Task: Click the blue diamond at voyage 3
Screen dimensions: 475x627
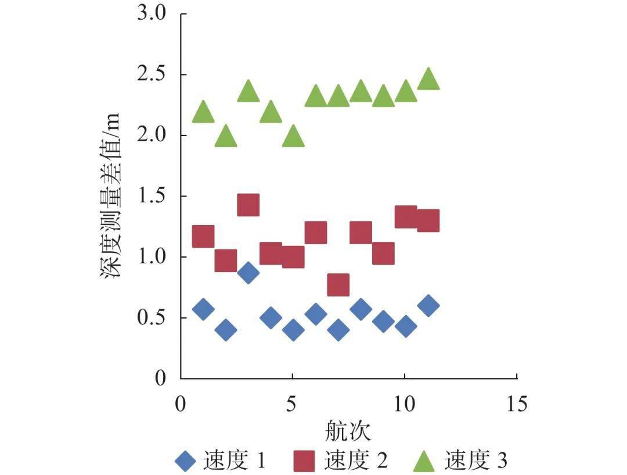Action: click(248, 273)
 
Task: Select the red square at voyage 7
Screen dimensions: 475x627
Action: click(338, 285)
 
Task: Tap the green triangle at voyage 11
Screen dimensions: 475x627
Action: click(428, 79)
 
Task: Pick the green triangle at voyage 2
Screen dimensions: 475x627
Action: click(225, 137)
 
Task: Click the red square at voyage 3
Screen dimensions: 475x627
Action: click(248, 205)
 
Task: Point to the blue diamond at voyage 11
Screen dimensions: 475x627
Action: click(428, 305)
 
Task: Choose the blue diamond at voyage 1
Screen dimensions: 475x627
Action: click(203, 309)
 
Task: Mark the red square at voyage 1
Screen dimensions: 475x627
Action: click(203, 236)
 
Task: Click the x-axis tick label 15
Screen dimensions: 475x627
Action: click(516, 403)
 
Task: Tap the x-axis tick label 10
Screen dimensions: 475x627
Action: click(404, 403)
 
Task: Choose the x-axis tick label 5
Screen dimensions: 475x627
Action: click(293, 403)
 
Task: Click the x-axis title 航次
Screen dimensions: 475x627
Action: click(348, 431)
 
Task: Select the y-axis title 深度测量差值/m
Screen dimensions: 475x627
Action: click(111, 195)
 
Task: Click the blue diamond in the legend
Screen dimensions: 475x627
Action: click(186, 462)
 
